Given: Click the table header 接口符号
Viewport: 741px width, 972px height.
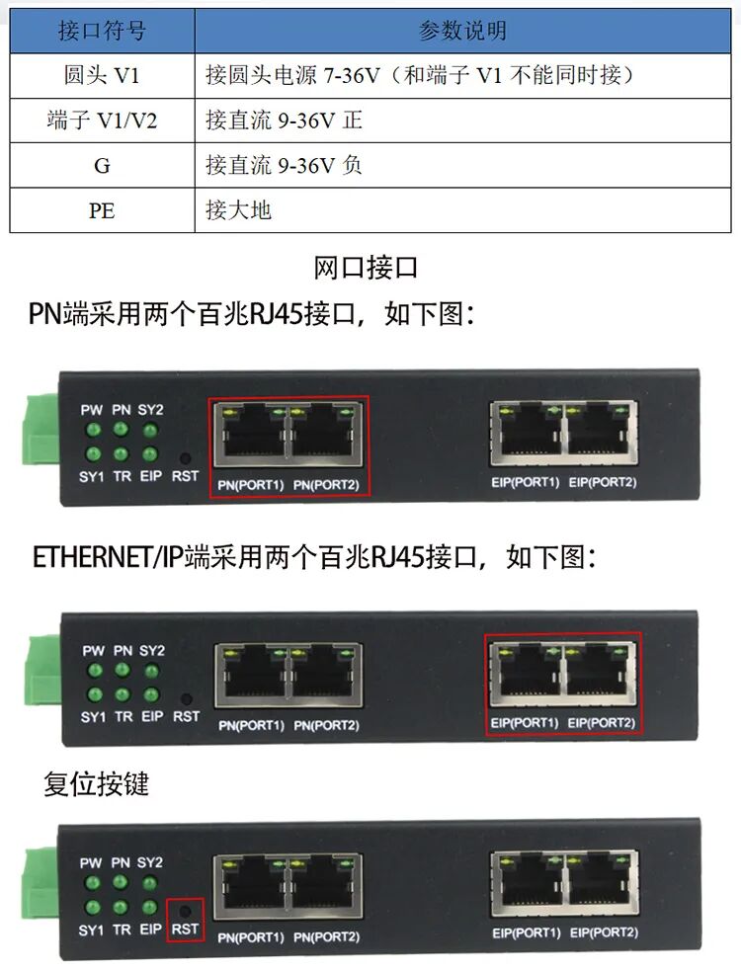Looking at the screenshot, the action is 102,31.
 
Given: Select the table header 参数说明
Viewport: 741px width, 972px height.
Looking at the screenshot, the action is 462,31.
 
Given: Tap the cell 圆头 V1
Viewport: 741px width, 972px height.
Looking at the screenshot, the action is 102,76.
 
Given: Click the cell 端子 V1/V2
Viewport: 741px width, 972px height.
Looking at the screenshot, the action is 102,121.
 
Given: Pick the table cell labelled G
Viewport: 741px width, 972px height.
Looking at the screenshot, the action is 102,166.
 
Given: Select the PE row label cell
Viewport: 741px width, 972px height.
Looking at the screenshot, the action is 102,210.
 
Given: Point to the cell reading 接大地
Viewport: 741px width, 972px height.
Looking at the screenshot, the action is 462,210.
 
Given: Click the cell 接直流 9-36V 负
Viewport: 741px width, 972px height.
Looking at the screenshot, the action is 462,166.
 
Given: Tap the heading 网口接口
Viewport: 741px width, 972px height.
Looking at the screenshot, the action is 366,268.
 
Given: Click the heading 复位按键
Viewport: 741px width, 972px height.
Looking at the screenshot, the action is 96,784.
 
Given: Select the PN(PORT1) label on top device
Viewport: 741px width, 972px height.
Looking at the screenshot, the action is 251,485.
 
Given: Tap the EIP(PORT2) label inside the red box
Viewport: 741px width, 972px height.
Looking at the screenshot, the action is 602,723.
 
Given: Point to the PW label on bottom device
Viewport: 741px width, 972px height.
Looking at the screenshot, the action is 91,863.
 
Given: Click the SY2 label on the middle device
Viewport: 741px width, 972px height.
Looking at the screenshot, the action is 152,650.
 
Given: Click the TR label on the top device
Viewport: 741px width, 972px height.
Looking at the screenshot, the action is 123,476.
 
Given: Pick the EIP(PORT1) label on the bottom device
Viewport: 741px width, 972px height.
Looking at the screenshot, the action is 527,932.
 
